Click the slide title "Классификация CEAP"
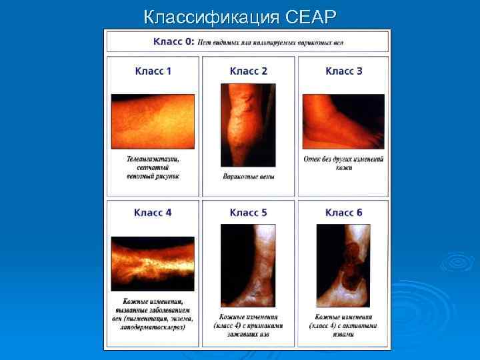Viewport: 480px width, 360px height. [241, 15]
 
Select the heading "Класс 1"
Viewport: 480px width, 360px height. [153, 71]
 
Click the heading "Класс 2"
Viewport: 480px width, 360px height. [248, 71]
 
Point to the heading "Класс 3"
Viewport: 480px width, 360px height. [343, 71]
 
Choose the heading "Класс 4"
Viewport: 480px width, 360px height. [153, 213]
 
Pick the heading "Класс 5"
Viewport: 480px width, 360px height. [248, 213]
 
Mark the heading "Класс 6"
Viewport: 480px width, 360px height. [343, 213]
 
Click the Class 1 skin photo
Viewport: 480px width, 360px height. [153, 121]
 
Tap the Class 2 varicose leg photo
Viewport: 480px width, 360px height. [248, 125]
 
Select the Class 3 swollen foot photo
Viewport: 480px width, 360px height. [343, 121]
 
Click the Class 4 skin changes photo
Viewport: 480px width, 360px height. [153, 263]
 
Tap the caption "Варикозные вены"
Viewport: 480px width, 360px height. [248, 177]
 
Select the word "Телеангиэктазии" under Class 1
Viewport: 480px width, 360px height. [153, 160]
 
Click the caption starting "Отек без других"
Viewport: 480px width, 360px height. [344, 160]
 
